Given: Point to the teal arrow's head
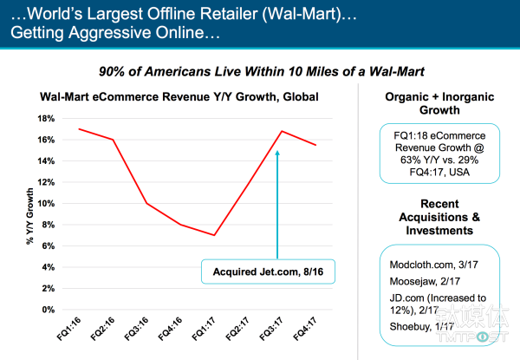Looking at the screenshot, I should (x=277, y=153).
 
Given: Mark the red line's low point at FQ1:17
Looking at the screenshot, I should (x=214, y=235).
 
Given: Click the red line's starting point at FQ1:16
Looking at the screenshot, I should (x=80, y=129).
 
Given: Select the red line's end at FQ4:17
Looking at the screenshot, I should (x=315, y=145).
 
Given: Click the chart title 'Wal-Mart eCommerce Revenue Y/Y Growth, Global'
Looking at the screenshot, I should (x=171, y=96).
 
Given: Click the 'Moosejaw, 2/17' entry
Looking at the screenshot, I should (x=417, y=279).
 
